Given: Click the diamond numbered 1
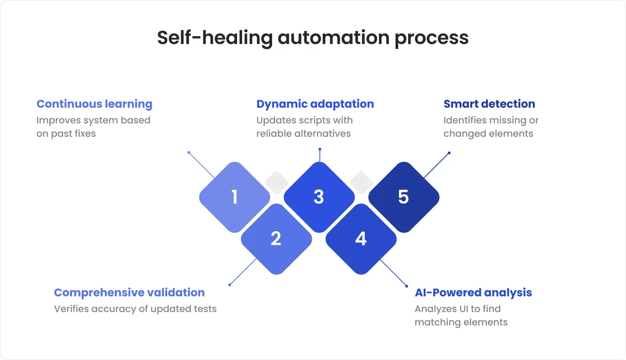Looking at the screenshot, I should (235, 197).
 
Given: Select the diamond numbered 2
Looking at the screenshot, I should (276, 239).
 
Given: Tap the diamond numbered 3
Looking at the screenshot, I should (319, 197).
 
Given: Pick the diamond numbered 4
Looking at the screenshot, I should (361, 239).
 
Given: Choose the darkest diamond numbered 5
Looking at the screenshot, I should (403, 197).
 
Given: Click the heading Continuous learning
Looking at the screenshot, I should (94, 104).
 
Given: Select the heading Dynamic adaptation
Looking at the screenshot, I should (315, 104).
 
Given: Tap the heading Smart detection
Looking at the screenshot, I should (489, 104).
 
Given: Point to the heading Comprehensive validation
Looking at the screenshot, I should (129, 292).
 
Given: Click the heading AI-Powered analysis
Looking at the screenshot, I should (473, 292).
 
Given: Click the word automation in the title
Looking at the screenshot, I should (333, 38).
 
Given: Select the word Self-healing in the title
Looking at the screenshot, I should (214, 38).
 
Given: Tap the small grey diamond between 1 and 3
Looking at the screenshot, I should (277, 182).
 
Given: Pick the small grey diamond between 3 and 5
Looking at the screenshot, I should (361, 182).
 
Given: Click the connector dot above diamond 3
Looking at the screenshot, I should (320, 149).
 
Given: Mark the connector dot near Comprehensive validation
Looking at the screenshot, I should (230, 285).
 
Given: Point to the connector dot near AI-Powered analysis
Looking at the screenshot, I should (407, 286).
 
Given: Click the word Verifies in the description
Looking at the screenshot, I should (71, 309).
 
